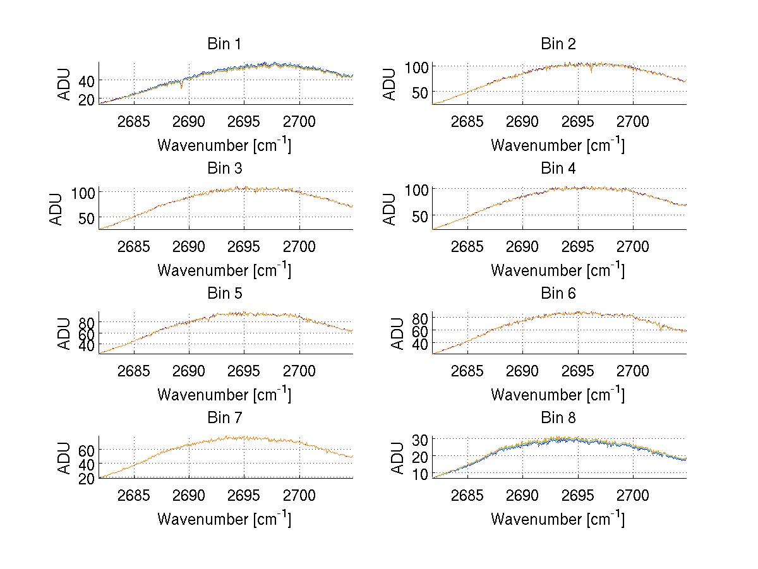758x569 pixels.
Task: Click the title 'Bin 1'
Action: (224, 44)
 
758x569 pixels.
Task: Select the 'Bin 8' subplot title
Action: (558, 418)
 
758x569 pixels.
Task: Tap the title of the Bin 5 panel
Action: (224, 294)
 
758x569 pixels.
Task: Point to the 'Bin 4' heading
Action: (558, 169)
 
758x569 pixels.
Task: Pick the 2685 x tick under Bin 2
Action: (467, 121)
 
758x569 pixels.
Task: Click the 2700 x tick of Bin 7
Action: (299, 495)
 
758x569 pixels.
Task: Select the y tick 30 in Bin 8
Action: (420, 438)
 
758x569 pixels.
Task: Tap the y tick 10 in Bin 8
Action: (420, 474)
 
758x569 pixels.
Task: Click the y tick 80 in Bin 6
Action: (420, 317)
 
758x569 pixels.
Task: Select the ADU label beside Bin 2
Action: (390, 83)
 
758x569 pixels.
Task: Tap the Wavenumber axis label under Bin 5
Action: (224, 394)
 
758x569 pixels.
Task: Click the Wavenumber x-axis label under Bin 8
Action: (558, 518)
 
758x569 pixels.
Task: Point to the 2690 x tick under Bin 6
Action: (522, 371)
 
